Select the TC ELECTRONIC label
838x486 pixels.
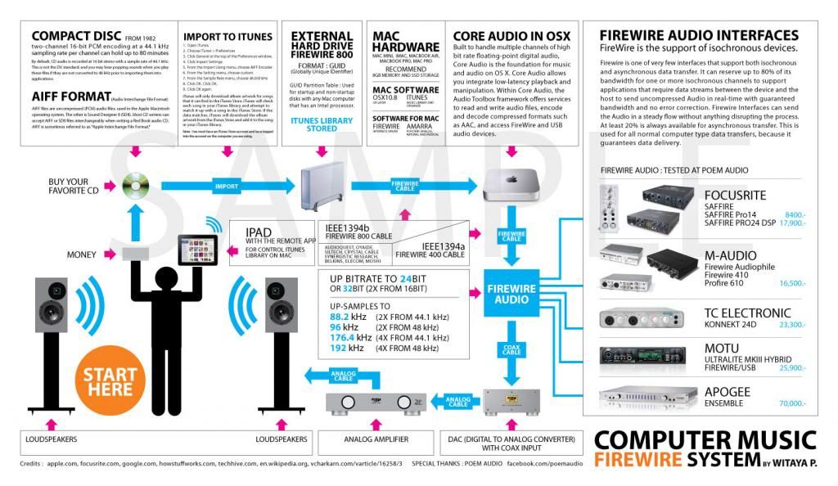tap(748, 313)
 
